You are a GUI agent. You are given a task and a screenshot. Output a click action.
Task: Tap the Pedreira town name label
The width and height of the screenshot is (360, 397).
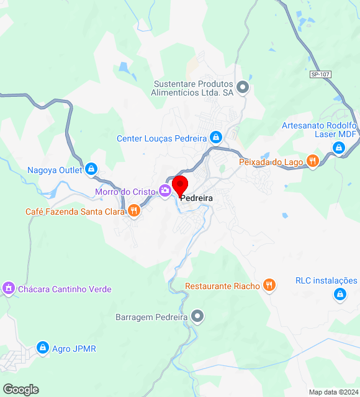[x=197, y=197]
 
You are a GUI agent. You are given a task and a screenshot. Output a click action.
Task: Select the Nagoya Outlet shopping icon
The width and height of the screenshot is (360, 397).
[x=91, y=169]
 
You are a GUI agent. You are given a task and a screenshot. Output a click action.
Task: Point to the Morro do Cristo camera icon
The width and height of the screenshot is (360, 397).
[x=165, y=190]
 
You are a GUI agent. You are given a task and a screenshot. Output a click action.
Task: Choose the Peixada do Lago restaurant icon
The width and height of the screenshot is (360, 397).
[x=312, y=161]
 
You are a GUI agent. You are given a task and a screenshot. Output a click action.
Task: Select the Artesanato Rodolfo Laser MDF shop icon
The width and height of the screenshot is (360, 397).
[x=338, y=148]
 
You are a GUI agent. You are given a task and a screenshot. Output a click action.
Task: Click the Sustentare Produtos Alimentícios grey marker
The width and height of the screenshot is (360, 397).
[x=243, y=87]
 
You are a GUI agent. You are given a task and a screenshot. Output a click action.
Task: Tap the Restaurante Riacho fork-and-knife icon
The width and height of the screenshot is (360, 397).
[x=269, y=285]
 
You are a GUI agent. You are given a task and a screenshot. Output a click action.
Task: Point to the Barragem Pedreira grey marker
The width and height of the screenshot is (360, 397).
[x=197, y=316]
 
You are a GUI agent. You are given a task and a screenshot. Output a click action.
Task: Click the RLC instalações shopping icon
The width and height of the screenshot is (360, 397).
[x=340, y=294]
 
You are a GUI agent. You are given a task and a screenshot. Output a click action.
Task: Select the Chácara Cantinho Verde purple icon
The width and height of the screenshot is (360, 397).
[x=9, y=288]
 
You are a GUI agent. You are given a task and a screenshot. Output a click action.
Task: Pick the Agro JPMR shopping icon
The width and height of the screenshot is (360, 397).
[x=43, y=348]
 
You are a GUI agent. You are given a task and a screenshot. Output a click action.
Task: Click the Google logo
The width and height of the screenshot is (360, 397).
[x=20, y=390]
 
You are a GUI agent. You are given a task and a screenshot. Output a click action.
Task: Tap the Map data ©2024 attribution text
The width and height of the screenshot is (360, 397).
[x=333, y=392]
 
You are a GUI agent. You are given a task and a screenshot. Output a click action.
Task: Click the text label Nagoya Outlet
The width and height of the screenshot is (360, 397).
[x=55, y=170]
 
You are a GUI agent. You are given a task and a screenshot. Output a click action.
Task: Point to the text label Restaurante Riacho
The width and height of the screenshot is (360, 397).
[x=222, y=286]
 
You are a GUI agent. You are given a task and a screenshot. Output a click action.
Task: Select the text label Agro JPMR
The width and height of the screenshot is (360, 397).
[x=74, y=349]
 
